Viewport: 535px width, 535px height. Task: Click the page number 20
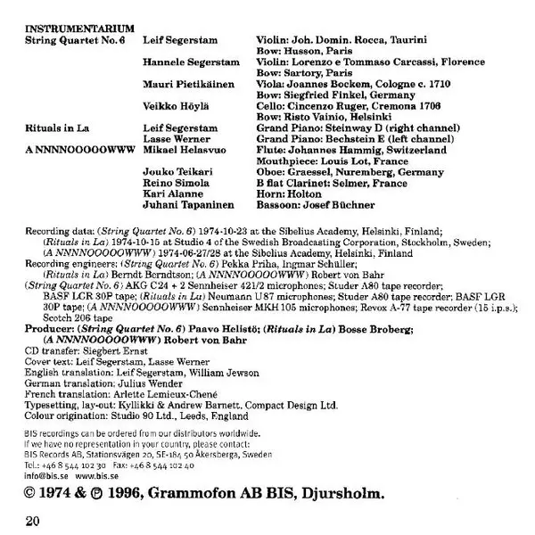click(34, 516)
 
